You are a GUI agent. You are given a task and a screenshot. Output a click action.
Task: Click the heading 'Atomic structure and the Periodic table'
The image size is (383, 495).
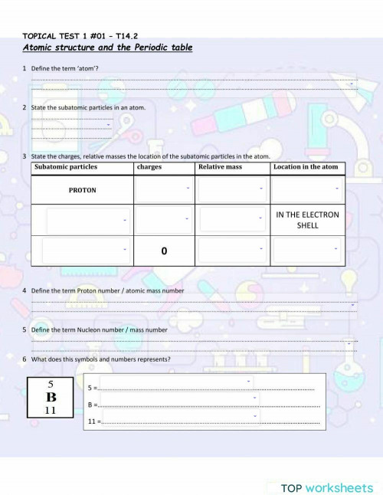[x=107, y=48]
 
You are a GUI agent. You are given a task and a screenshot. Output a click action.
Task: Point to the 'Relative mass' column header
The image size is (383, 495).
[x=220, y=167]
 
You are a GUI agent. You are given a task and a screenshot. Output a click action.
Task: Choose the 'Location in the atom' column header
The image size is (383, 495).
[x=305, y=167]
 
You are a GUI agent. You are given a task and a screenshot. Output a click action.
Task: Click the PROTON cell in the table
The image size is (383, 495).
[x=83, y=190]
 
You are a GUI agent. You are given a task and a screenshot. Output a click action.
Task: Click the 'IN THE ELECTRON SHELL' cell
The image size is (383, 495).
[x=307, y=220]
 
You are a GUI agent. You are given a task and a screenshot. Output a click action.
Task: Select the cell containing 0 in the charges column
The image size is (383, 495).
[x=164, y=251]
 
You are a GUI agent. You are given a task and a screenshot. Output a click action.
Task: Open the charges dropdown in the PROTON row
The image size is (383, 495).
[x=163, y=190]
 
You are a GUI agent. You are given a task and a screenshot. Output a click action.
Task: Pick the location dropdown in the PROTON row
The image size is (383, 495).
[x=306, y=190]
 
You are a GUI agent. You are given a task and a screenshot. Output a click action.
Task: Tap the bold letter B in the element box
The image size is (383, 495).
[x=51, y=397]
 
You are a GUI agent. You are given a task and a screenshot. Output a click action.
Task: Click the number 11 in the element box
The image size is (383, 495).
[x=51, y=411]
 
